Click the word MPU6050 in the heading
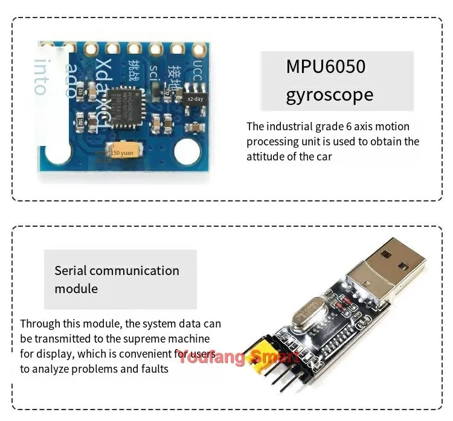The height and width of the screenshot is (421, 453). [326, 66]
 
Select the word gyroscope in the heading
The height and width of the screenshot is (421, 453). [329, 95]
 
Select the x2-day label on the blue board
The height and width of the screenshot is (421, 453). [194, 98]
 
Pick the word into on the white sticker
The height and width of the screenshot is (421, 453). [40, 77]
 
